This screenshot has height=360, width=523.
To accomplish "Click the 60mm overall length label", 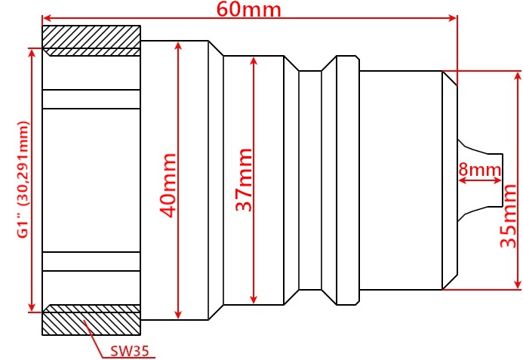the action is (248, 9).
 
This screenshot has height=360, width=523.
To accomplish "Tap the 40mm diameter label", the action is (168, 186).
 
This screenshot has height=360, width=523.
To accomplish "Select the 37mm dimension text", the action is (244, 180).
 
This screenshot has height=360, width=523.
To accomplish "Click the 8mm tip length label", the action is (480, 170).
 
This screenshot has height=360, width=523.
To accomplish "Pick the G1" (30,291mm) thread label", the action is (23, 180).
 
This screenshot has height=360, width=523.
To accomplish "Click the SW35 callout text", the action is (129, 351).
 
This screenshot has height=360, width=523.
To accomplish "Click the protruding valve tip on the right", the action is (480, 180).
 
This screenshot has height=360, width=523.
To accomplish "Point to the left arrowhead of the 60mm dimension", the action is (47, 18).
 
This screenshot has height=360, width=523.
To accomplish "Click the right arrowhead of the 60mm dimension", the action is (453, 18).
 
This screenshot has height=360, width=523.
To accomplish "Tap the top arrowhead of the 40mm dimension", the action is (178, 46).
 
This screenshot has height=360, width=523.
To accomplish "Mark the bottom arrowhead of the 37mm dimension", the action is (254, 300).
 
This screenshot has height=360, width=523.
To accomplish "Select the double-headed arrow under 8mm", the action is (480, 180).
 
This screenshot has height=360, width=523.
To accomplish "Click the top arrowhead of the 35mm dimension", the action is (517, 75).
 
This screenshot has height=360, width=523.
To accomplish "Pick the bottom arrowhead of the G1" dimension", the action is (32, 307).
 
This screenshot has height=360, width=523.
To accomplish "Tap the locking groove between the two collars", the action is (310, 180).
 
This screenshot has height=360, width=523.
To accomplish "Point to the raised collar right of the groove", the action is (348, 180).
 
